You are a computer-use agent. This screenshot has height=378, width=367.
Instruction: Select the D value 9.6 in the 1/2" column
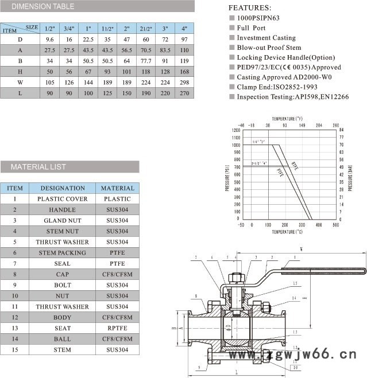[x=50, y=40]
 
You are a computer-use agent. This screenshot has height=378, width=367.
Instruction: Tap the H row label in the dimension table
[x=20, y=72]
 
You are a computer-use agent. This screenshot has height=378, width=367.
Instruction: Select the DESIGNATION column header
[x=63, y=188]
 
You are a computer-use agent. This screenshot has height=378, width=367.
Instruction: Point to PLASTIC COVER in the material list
[x=63, y=199]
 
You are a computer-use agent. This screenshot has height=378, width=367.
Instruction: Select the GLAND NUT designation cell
[x=63, y=221]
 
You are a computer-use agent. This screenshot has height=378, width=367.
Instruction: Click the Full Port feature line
[x=251, y=28]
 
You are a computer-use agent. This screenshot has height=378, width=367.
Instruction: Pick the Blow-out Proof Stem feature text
[x=269, y=48]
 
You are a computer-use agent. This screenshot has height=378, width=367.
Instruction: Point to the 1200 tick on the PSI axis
[x=236, y=130]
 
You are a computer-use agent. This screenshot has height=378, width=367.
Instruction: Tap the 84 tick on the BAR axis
[x=342, y=130]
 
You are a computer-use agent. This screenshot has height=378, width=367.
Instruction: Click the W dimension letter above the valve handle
[x=301, y=249]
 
